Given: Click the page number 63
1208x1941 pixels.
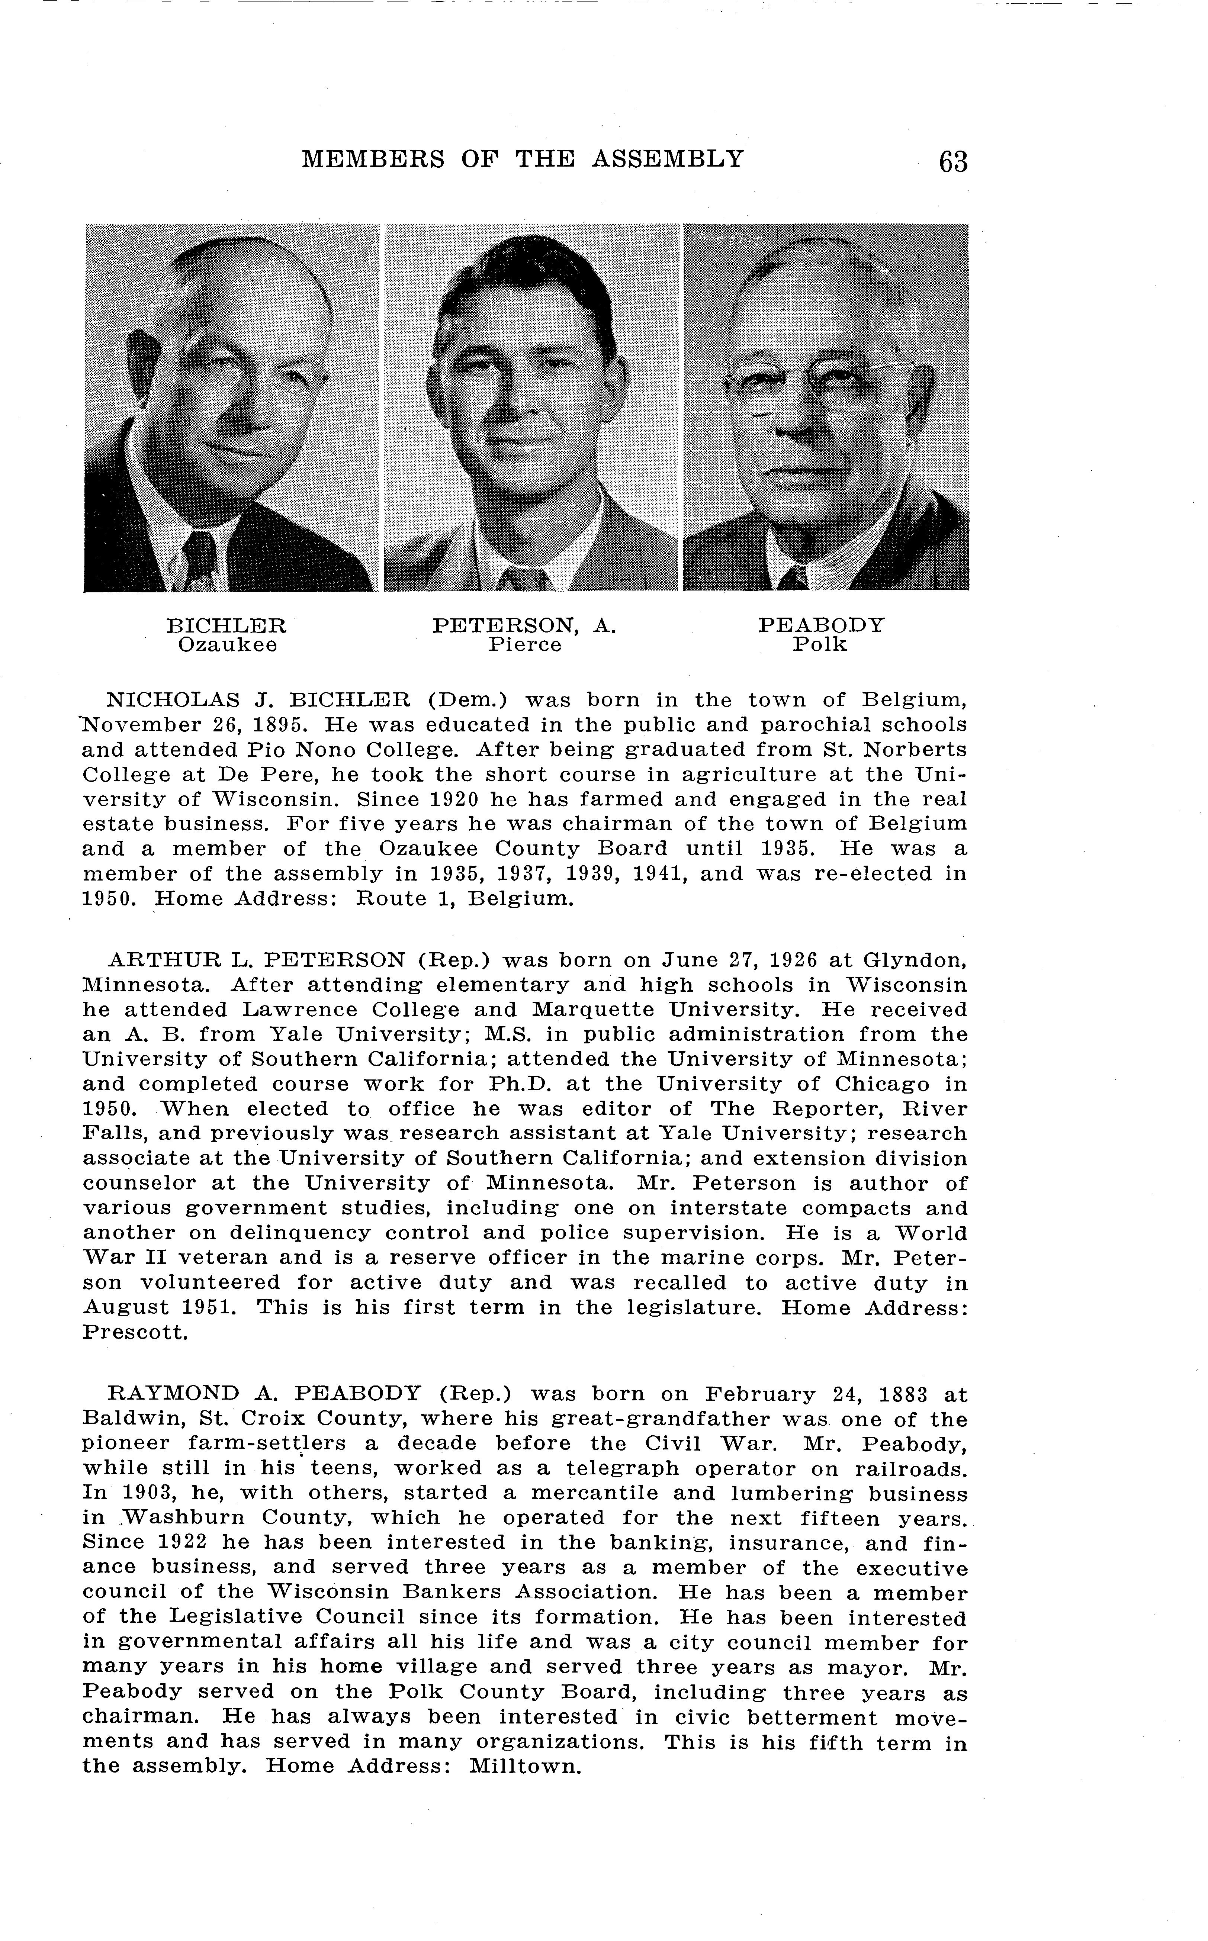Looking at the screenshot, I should tap(953, 161).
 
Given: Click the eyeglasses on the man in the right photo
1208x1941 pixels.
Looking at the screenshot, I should tap(823, 383).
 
